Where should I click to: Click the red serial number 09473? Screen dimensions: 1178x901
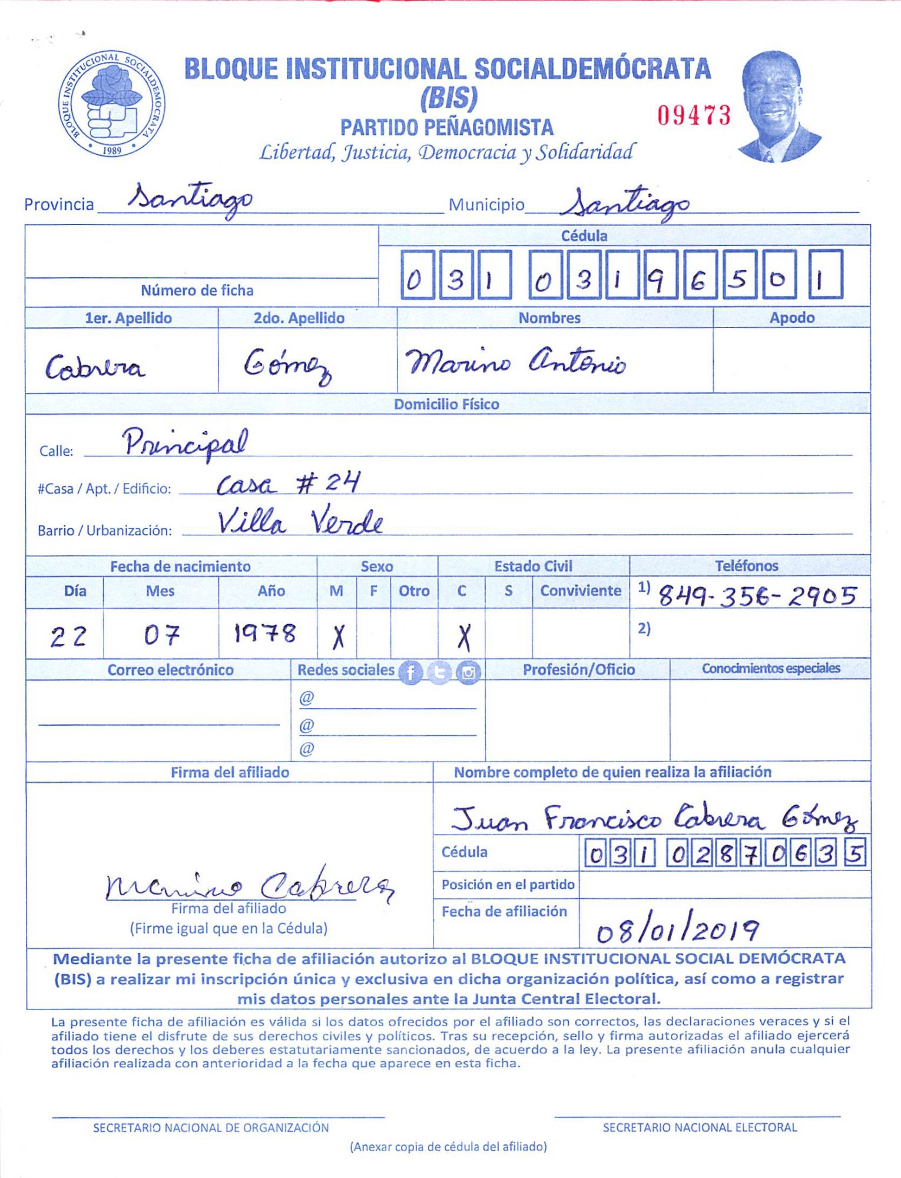(x=694, y=115)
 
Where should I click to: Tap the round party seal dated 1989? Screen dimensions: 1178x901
(x=112, y=104)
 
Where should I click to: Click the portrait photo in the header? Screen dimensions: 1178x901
(x=778, y=107)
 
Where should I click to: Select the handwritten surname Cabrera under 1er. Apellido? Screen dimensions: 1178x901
(x=95, y=368)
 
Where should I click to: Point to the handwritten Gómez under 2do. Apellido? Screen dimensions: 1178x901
(x=287, y=365)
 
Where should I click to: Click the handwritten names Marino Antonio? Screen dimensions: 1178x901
(x=516, y=361)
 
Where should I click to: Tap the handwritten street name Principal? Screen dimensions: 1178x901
(x=185, y=443)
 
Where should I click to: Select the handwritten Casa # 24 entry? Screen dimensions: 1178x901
(x=288, y=484)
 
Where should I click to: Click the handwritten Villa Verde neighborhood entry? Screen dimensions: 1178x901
(x=300, y=522)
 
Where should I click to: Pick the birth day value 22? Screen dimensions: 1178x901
(x=68, y=637)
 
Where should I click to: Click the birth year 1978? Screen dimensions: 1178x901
(x=265, y=634)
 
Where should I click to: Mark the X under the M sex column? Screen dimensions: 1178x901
(x=338, y=637)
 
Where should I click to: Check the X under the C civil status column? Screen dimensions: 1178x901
(x=464, y=637)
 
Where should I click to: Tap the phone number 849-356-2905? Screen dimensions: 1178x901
(x=757, y=596)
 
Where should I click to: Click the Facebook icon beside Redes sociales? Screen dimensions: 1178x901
(x=410, y=672)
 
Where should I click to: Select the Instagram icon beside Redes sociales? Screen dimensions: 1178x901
(x=468, y=672)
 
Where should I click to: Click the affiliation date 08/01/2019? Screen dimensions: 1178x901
(x=677, y=930)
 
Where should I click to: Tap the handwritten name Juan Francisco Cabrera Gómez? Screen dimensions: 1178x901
(x=654, y=818)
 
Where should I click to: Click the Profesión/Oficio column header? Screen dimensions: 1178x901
(x=578, y=670)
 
